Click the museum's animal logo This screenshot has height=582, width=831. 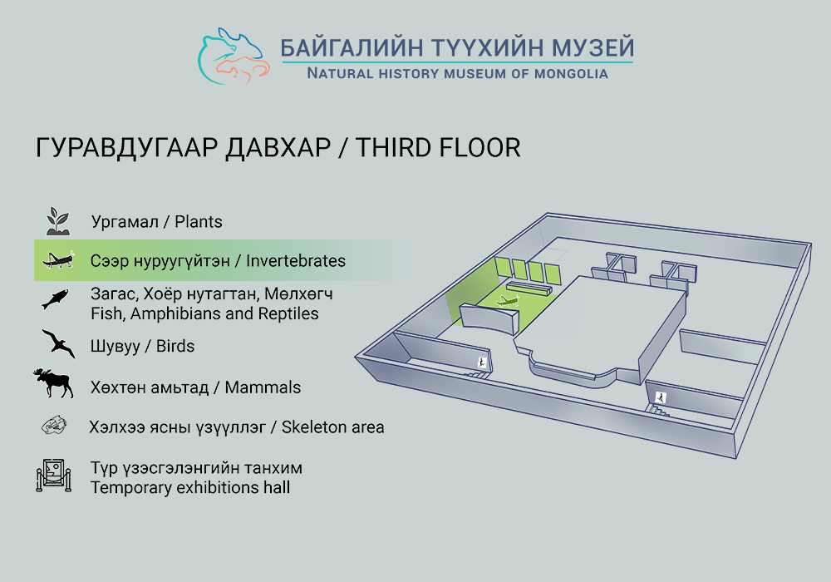[234, 56]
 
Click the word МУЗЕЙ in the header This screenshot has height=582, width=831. [593, 47]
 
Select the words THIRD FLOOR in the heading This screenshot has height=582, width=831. [438, 148]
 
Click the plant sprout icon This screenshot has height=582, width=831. [58, 221]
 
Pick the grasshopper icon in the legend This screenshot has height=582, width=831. [58, 259]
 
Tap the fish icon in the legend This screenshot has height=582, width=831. [56, 299]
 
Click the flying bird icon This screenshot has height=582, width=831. [58, 343]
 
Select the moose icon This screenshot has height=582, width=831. [53, 382]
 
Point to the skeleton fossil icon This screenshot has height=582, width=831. [55, 426]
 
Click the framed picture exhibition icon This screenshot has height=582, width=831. [53, 475]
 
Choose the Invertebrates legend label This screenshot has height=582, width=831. [296, 261]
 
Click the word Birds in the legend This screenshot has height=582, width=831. [175, 346]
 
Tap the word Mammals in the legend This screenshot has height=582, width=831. [263, 387]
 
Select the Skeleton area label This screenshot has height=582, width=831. [333, 427]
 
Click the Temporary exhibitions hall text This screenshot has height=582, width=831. [190, 488]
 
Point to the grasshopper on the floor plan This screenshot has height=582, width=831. [508, 301]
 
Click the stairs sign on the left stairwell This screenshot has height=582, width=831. [482, 363]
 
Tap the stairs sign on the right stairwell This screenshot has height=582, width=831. [661, 397]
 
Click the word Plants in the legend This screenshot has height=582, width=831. [199, 221]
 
